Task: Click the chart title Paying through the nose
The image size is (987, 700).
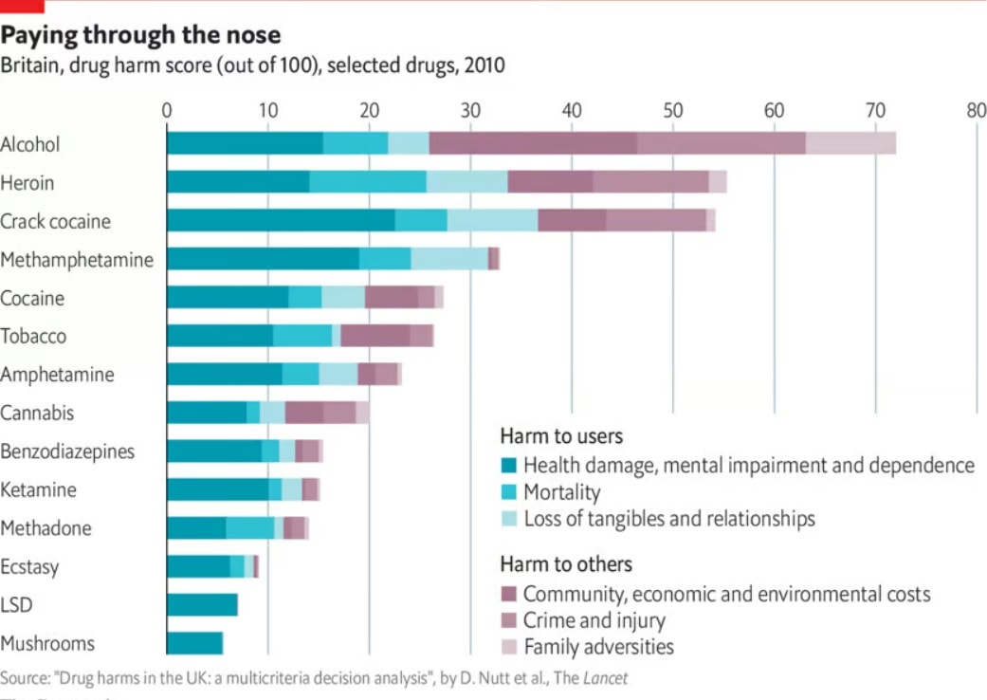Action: point(140,36)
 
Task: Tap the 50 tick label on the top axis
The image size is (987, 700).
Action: point(673,109)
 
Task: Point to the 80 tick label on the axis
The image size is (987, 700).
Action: point(976,109)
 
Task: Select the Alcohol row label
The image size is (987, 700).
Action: point(30,144)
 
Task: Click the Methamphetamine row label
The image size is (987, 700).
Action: point(77,259)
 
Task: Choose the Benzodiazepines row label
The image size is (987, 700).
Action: point(67,451)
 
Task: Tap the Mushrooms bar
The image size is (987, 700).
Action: point(194,642)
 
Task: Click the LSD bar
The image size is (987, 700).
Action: point(202,604)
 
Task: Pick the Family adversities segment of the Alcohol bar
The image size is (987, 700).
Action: point(850,143)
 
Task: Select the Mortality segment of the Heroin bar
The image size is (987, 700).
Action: point(368,182)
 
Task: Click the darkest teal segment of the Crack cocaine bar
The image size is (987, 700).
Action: point(281,220)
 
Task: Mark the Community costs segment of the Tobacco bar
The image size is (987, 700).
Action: point(375,336)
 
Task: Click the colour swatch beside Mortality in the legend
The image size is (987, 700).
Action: point(509,492)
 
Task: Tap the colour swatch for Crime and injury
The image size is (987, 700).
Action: point(509,621)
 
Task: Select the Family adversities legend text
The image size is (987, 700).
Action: point(598,647)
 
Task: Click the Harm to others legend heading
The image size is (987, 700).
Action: point(566,564)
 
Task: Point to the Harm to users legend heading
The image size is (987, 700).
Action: point(561,436)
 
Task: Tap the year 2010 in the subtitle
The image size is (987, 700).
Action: point(484,65)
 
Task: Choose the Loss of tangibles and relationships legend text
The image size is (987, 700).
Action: point(668,519)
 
